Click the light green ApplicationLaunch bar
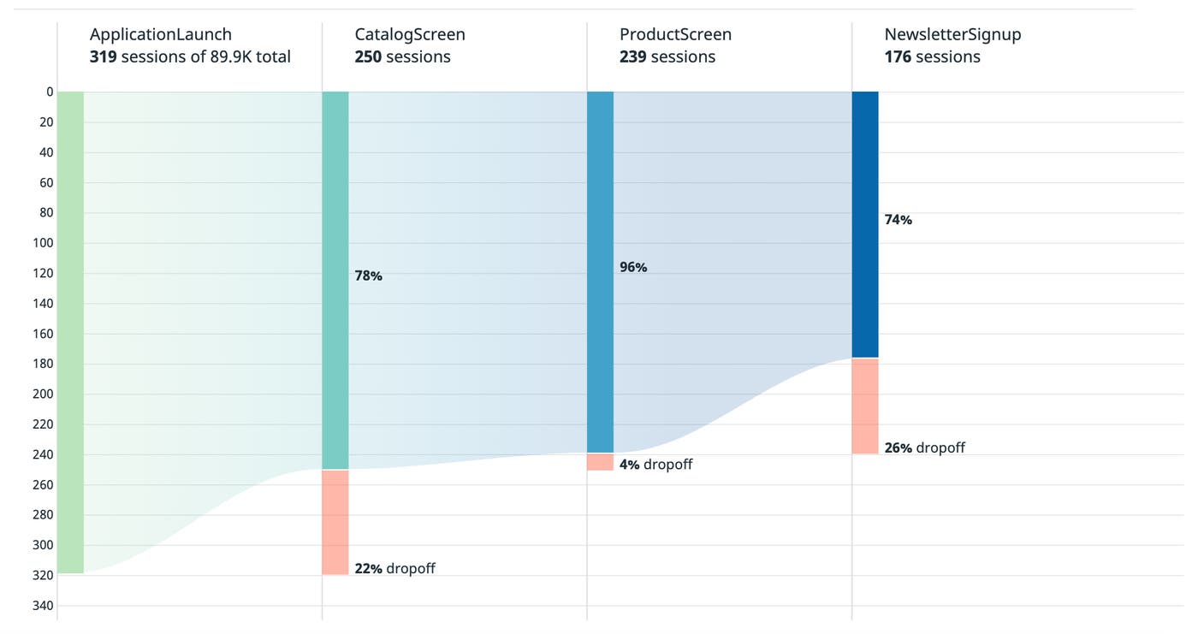pyautogui.click(x=71, y=332)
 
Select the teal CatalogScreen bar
pyautogui.click(x=335, y=280)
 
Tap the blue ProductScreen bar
pyautogui.click(x=600, y=272)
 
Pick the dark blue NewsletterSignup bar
pyautogui.click(x=865, y=224)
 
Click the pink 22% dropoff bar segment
pyautogui.click(x=335, y=522)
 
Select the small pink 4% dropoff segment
pyautogui.click(x=600, y=462)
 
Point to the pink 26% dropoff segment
pyautogui.click(x=865, y=406)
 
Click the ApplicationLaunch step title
pyautogui.click(x=161, y=35)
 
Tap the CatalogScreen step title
pyautogui.click(x=410, y=35)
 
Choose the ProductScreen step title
pyautogui.click(x=675, y=35)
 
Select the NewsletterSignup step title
pyautogui.click(x=952, y=35)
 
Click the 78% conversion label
pyautogui.click(x=369, y=276)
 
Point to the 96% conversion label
pyautogui.click(x=633, y=268)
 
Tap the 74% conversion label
pyautogui.click(x=898, y=220)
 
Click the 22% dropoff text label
pyautogui.click(x=394, y=568)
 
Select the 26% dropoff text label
pyautogui.click(x=924, y=447)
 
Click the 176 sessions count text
pyautogui.click(x=932, y=57)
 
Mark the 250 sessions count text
pyautogui.click(x=402, y=57)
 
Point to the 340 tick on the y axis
pyautogui.click(x=42, y=606)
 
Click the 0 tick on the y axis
pyautogui.click(x=50, y=92)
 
